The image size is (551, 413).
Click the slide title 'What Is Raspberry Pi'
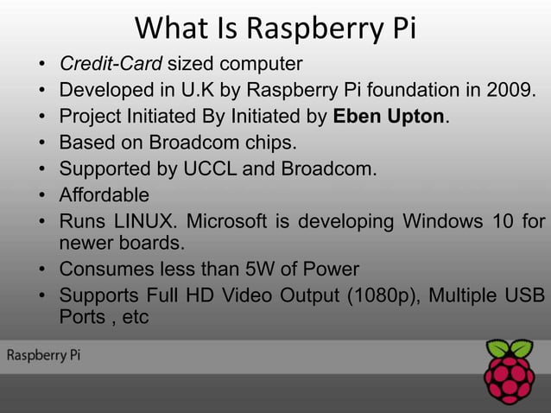pyautogui.click(x=275, y=29)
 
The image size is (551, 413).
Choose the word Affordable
pyautogui.click(x=104, y=194)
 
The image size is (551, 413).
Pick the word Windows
pyautogui.click(x=440, y=221)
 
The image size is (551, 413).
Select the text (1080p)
pyautogui.click(x=384, y=295)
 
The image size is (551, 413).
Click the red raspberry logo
pyautogui.click(x=509, y=380)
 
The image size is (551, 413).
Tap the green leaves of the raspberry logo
pyautogui.click(x=509, y=349)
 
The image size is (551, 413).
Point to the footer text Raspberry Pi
pyautogui.click(x=44, y=355)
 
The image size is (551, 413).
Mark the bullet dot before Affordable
pyautogui.click(x=42, y=195)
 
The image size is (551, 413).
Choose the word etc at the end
pyautogui.click(x=136, y=317)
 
